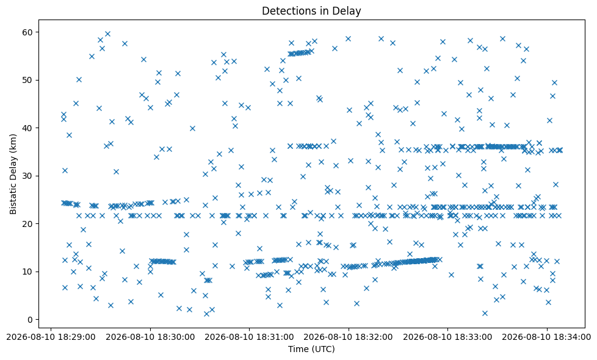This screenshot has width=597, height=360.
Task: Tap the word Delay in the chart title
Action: pos(349,12)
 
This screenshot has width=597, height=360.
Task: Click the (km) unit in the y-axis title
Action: pos(13,142)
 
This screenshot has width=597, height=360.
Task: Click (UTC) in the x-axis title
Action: pos(323,349)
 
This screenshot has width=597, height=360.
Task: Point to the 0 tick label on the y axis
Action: pos(31,320)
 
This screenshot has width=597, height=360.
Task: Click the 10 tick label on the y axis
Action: pos(28,272)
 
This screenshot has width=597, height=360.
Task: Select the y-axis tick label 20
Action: pos(28,224)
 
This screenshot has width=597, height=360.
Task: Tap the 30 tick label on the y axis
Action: pos(28,176)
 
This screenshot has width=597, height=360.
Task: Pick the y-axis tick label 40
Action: pos(28,128)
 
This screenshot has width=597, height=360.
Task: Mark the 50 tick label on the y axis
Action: pos(28,80)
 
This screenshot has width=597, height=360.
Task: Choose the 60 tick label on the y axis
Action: pos(28,32)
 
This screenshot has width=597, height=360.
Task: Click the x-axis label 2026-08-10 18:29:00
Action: pos(51,337)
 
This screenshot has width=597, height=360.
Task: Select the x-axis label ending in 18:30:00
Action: pos(150,337)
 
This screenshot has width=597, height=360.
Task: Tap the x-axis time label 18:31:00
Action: pos(250,337)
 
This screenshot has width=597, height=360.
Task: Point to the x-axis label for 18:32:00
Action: pos(349,337)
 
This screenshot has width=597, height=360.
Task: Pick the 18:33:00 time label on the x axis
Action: pos(448,337)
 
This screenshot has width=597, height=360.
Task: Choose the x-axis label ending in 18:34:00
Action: pos(547,337)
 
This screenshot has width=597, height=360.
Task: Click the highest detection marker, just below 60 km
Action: pos(108,34)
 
